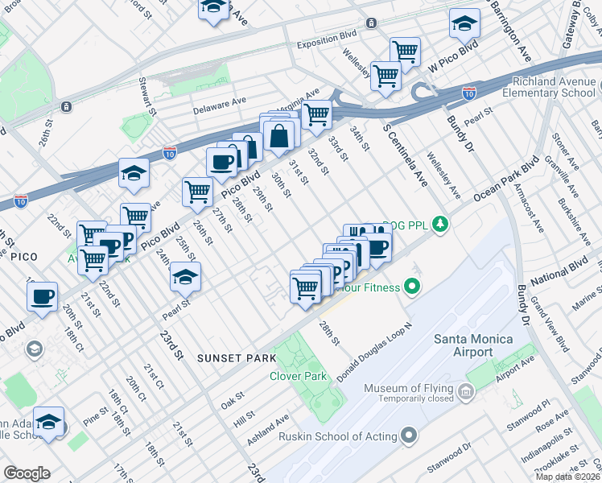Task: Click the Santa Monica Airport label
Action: coord(474,345)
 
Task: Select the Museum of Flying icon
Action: coord(466,393)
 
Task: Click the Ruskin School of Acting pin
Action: coord(410,436)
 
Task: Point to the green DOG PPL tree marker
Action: coord(439,223)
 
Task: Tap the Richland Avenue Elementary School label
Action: coord(547,87)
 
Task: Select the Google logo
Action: coord(27,473)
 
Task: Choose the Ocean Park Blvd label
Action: coord(505,183)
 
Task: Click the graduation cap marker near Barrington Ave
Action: coord(464,24)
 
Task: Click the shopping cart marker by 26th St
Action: coord(197,192)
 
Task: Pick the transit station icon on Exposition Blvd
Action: coord(371,23)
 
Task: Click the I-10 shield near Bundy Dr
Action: coord(468,93)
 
